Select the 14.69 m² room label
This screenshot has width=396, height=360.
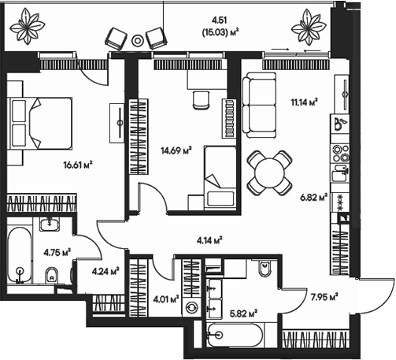pyautogui.click(x=176, y=151)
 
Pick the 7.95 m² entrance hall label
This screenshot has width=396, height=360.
pyautogui.click(x=324, y=297)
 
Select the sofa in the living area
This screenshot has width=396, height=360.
pyautogui.click(x=257, y=104)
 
